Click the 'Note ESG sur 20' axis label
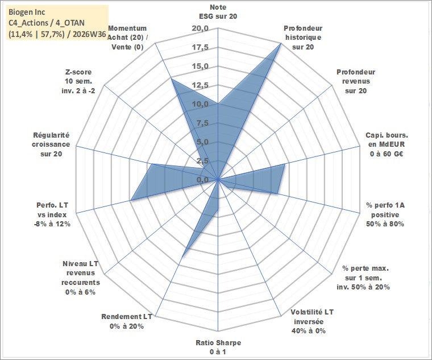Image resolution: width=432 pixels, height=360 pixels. [x=218, y=11]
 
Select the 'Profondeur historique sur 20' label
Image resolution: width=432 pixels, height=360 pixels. [x=303, y=38]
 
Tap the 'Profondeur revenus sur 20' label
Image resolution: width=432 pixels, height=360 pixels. [x=356, y=81]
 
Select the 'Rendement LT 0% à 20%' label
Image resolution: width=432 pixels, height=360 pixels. [x=127, y=321]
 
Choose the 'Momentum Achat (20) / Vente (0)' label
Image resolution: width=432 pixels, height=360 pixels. [x=127, y=38]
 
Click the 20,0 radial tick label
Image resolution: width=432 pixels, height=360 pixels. [x=200, y=28]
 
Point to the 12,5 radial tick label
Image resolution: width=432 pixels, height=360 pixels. [x=200, y=85]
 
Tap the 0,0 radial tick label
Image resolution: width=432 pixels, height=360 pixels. [x=202, y=180]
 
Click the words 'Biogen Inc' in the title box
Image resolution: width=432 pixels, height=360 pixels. [x=27, y=12]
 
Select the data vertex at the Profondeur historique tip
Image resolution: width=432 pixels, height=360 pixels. [x=280, y=43]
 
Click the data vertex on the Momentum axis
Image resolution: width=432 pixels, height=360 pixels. [x=171, y=79]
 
